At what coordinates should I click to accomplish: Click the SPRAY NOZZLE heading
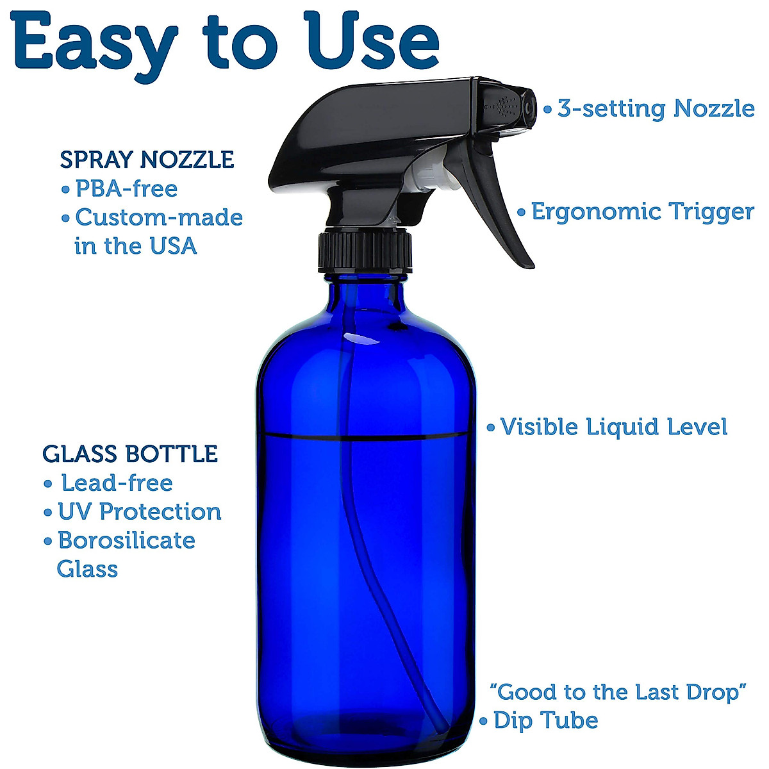click(x=147, y=160)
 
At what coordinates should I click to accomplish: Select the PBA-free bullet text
click(x=126, y=189)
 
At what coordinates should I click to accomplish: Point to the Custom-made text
click(x=159, y=217)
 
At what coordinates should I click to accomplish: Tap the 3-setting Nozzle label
click(x=656, y=108)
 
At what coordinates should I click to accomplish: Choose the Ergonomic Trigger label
click(x=643, y=211)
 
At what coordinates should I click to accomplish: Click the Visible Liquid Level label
click(x=613, y=427)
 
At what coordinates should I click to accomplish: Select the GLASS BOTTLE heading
click(x=130, y=454)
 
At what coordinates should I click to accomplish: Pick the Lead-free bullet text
click(x=117, y=483)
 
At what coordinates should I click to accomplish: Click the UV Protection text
click(x=139, y=511)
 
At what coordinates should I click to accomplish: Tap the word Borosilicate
click(x=126, y=540)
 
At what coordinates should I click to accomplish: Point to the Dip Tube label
click(x=545, y=720)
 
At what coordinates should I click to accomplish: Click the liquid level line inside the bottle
click(x=365, y=436)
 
